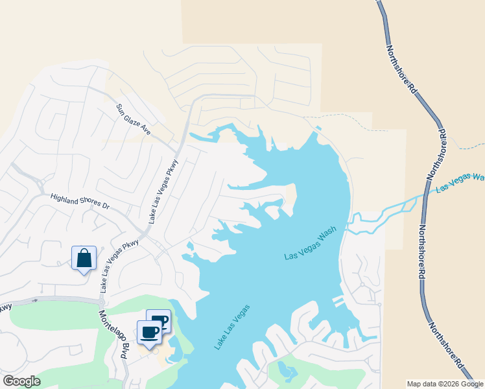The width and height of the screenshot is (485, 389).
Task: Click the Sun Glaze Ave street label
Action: coord(133,119)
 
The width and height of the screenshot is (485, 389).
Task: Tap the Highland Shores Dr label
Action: coord(80,201)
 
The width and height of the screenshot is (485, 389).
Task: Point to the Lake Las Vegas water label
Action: coord(231,327)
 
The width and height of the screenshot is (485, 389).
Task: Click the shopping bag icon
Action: coord(84,259)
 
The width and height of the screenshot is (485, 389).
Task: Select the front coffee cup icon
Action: coord(150,333)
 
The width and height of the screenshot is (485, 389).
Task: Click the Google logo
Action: coord(22,381)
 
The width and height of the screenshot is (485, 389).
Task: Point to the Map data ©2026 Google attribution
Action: coord(445,384)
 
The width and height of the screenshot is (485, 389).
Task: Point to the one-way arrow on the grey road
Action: coord(35,300)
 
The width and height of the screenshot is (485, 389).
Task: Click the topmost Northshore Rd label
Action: coord(402,71)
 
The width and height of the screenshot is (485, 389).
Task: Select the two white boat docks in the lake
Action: coord(338,301)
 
